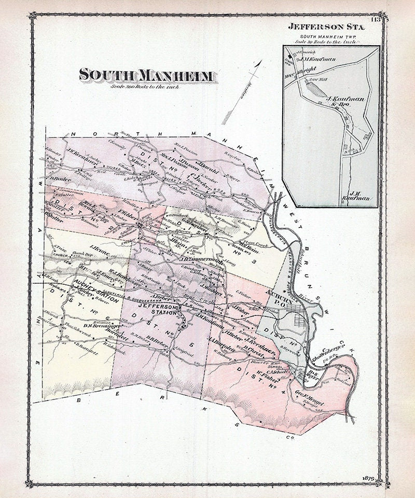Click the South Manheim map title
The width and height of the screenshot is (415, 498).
(x=146, y=76)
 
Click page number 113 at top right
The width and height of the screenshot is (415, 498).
(x=375, y=21)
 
